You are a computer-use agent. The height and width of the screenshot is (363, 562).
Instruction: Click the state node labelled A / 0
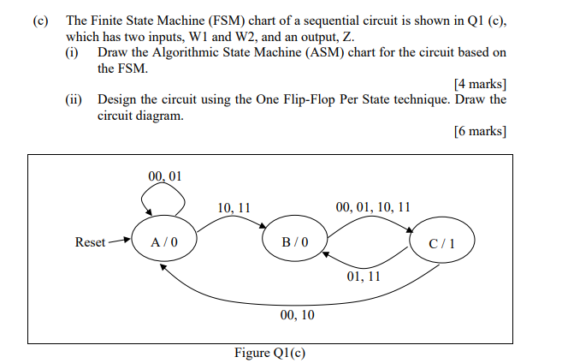(164, 242)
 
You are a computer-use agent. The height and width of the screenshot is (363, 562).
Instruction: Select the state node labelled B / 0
(293, 242)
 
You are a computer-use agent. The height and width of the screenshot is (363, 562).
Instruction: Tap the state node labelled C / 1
(443, 242)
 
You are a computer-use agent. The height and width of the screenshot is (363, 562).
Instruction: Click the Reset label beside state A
(91, 242)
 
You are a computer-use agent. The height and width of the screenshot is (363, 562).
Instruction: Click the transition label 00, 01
(165, 176)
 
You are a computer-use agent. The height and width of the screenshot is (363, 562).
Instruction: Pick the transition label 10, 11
(234, 207)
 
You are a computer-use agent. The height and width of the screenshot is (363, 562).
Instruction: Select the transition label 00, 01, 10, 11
(373, 207)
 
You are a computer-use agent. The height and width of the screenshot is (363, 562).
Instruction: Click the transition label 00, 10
(297, 316)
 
